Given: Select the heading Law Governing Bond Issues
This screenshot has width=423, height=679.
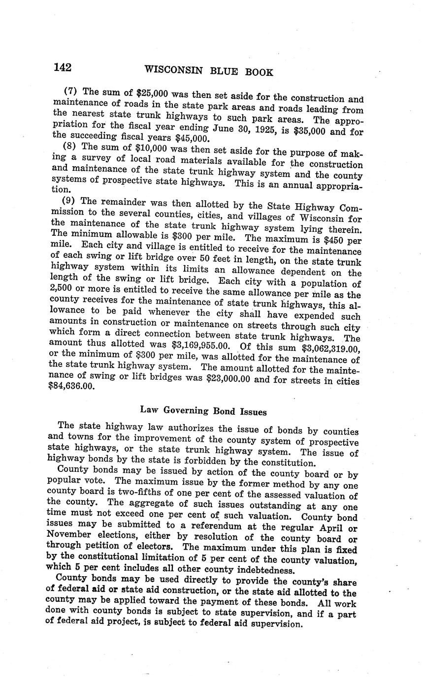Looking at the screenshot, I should coord(203,410).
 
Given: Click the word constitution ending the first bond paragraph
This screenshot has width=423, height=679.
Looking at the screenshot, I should coord(283,463).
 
